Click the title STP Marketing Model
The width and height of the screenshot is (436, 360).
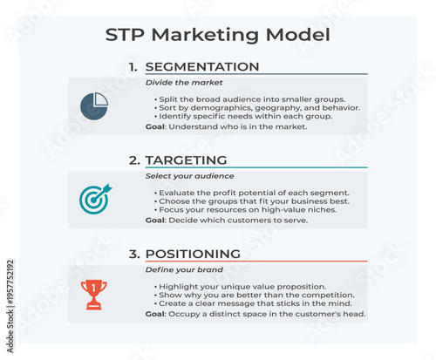point(217,35)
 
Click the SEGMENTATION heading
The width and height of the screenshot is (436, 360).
point(201,67)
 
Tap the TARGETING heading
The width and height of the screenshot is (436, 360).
point(186,160)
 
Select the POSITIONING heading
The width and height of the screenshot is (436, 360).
point(193,255)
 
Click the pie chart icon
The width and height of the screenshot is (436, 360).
point(93,106)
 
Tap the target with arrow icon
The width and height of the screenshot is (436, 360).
point(93,200)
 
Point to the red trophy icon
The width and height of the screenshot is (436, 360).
point(93,294)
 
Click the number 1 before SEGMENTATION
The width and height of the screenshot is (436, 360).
point(133,67)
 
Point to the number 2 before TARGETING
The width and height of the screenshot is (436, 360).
point(134,160)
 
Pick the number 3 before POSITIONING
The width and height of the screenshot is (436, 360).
point(134,255)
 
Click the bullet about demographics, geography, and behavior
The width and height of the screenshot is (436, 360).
point(257,108)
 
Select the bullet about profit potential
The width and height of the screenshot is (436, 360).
point(252,193)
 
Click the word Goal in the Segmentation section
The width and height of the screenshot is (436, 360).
point(155,127)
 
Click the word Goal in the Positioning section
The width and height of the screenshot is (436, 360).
point(155,314)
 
